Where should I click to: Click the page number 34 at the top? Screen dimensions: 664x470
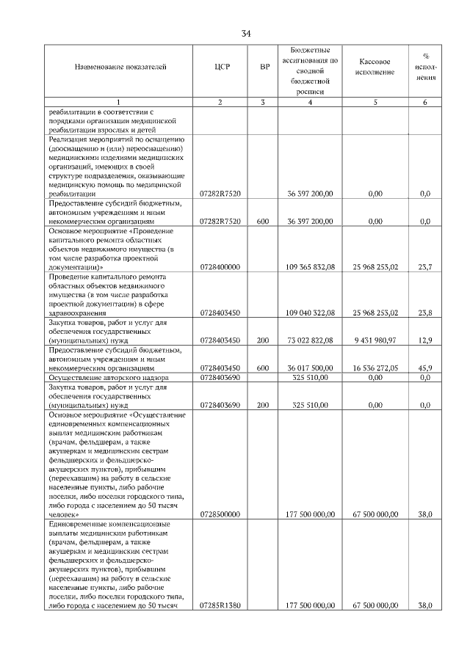pos(246,33)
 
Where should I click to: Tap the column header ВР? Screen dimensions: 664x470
pos(264,68)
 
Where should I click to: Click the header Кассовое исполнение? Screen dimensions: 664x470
pos(375,68)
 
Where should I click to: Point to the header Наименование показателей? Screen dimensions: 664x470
pos(120,68)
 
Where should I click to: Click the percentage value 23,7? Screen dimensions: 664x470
pos(424,268)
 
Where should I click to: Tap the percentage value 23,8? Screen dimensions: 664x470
pos(424,313)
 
